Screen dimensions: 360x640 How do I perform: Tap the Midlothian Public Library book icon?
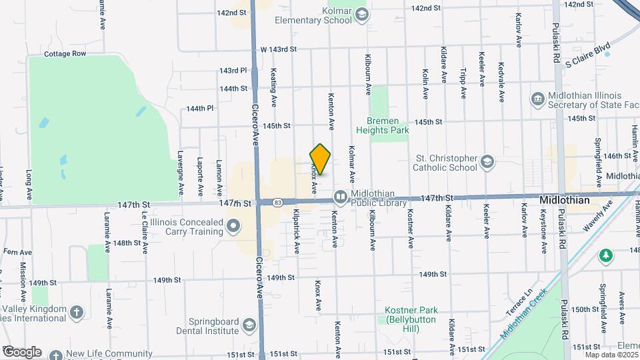tap(340, 197)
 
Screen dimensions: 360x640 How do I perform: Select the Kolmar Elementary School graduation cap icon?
tap(361, 15)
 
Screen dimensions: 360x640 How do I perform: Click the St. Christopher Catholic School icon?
tap(488, 162)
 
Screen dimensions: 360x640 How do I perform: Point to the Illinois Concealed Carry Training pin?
tap(233, 227)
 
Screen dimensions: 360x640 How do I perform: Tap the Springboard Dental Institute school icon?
tap(249, 325)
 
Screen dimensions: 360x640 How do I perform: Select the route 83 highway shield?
tap(277, 202)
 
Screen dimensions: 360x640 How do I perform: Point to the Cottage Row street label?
tap(65, 54)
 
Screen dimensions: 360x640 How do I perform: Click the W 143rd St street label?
tap(277, 49)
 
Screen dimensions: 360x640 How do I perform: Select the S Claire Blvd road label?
tap(587, 55)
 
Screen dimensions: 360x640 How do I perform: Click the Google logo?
tap(21, 351)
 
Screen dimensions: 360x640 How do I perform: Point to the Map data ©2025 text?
tap(610, 354)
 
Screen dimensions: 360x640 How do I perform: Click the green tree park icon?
tap(606, 255)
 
